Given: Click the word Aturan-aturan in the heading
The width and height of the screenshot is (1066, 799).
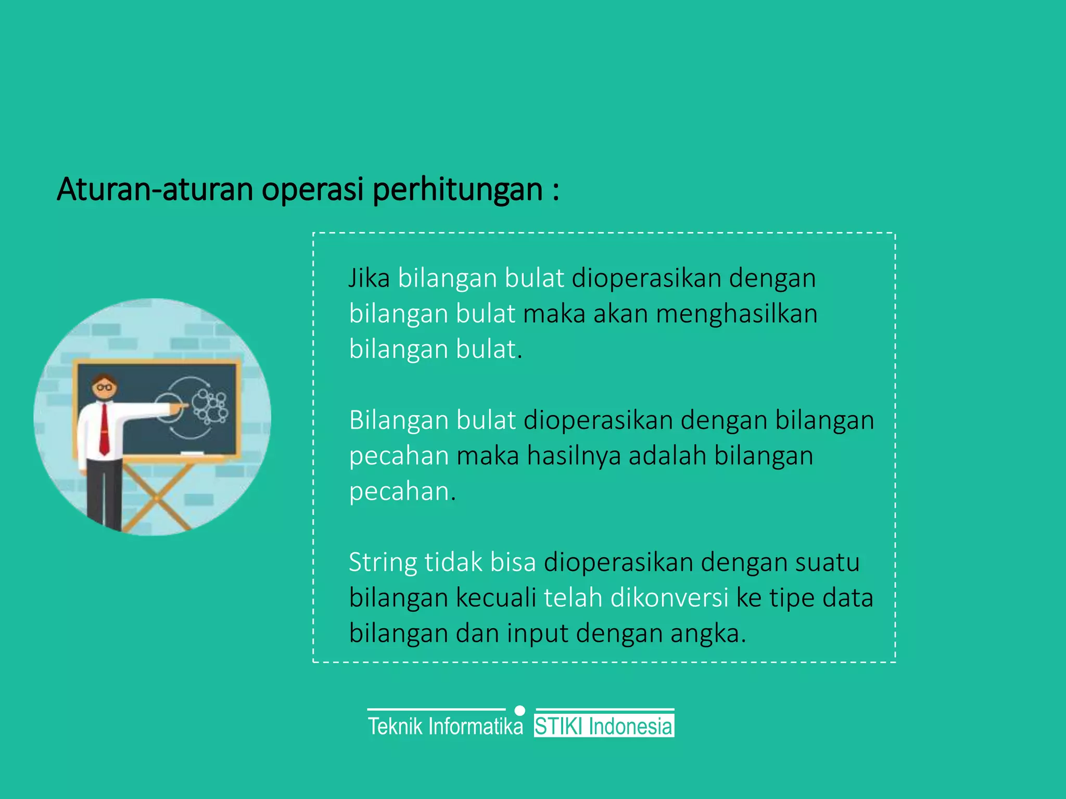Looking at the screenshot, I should pyautogui.click(x=155, y=189).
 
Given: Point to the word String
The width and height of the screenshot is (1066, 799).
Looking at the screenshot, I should pyautogui.click(x=383, y=563).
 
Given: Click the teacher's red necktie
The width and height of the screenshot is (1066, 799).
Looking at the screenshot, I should pyautogui.click(x=104, y=429).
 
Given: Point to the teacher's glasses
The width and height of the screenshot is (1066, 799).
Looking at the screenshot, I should pyautogui.click(x=105, y=388).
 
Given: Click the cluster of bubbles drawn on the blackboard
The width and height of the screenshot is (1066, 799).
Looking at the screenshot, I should pyautogui.click(x=210, y=406).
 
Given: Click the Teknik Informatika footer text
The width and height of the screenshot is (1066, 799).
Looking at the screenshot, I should pyautogui.click(x=445, y=727).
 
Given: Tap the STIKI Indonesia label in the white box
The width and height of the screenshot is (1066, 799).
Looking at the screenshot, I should pyautogui.click(x=604, y=727).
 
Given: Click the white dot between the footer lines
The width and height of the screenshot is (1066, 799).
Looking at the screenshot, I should pyautogui.click(x=519, y=711).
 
